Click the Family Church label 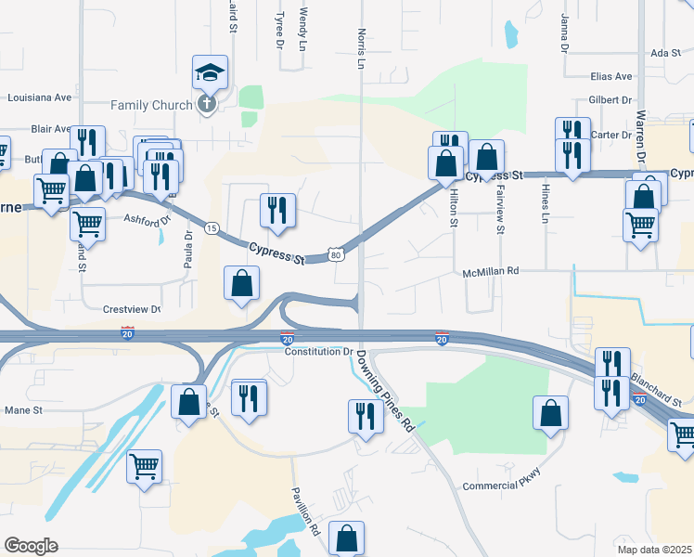click(151, 105)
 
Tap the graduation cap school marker click(210, 71)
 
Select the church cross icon click(206, 103)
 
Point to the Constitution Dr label click(318, 352)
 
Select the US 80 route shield click(337, 254)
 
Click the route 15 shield click(212, 228)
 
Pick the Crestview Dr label click(121, 308)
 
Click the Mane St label click(25, 409)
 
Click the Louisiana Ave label click(40, 97)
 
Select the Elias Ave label click(610, 76)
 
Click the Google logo click(31, 545)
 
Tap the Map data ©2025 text click(654, 550)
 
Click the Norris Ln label click(362, 48)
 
